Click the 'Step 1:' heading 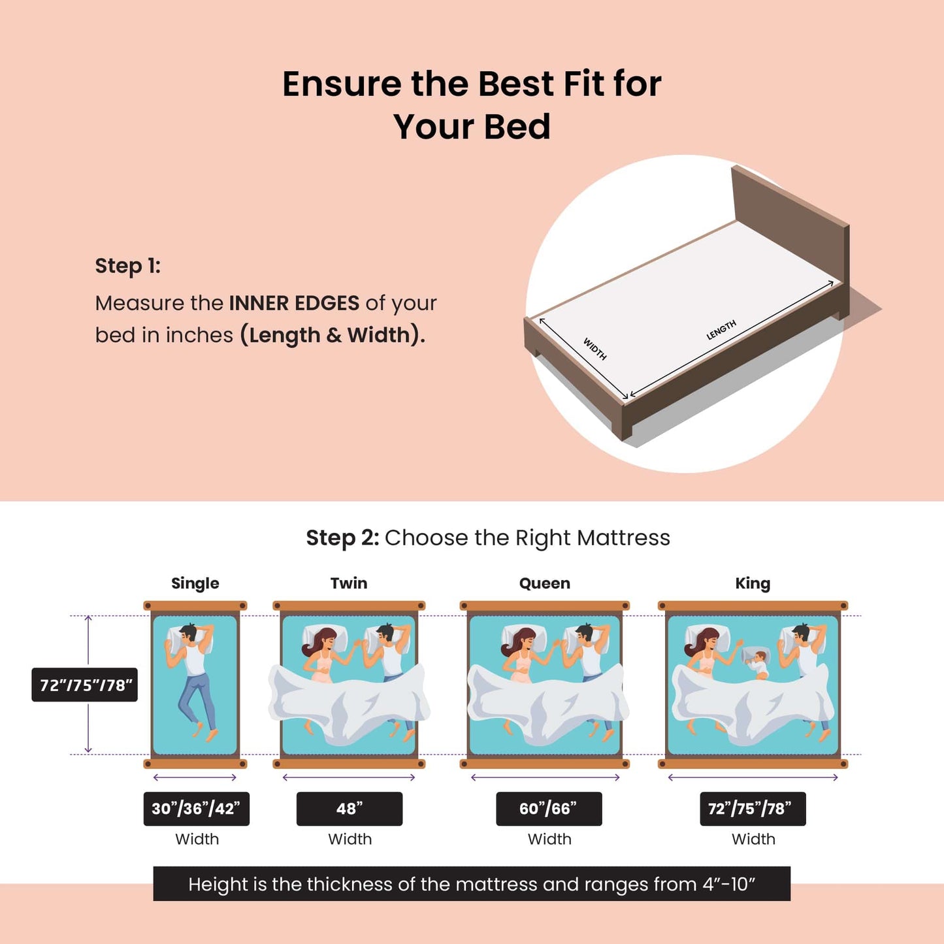(x=127, y=266)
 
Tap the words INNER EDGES (x=294, y=303)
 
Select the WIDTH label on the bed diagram (x=594, y=349)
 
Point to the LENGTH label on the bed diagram (x=721, y=330)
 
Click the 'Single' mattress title (x=195, y=583)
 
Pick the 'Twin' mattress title (x=349, y=583)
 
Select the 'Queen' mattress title (x=544, y=583)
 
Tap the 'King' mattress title (x=753, y=583)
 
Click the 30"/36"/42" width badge (x=196, y=809)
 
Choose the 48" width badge (x=350, y=809)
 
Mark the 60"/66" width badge (x=548, y=809)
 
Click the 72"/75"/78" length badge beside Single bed (x=85, y=685)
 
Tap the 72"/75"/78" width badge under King (x=753, y=809)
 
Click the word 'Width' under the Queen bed (x=549, y=839)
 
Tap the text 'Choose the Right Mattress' (x=527, y=538)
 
